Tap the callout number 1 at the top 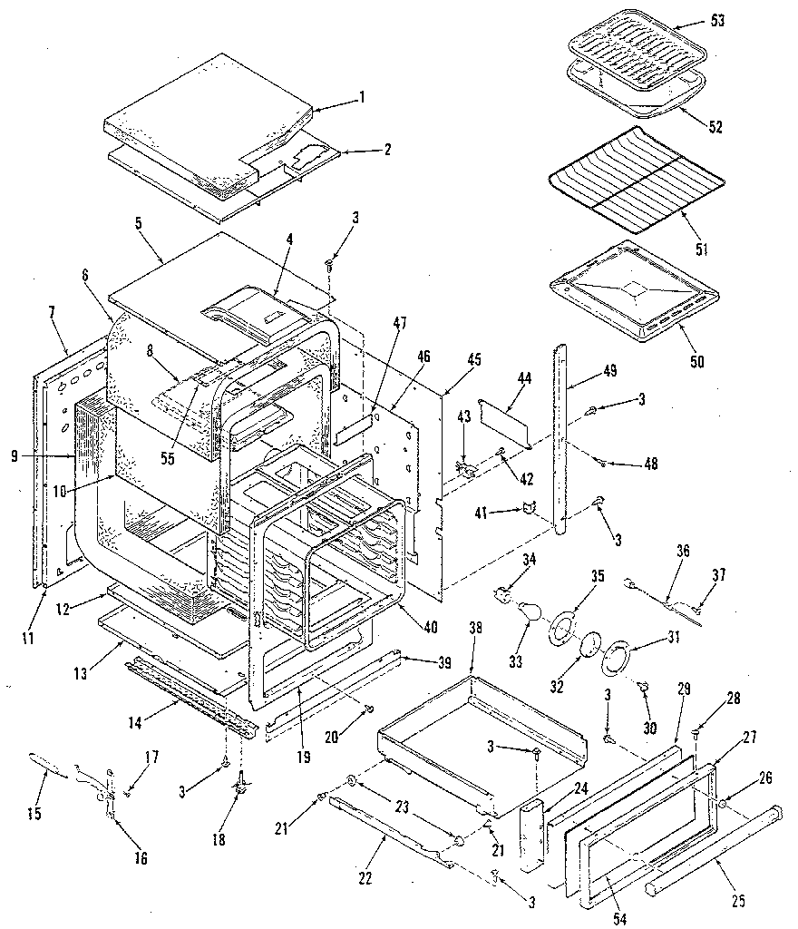click(x=362, y=98)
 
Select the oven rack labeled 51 click(x=635, y=181)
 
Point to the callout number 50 click(x=696, y=362)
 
